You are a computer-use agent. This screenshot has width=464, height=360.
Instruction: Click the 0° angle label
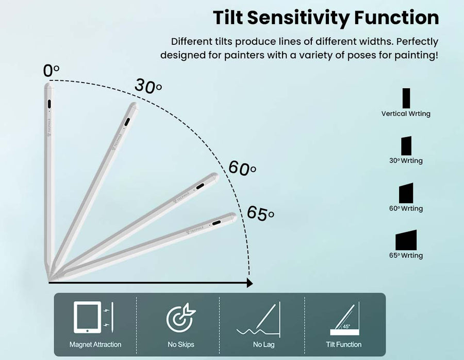point(51,71)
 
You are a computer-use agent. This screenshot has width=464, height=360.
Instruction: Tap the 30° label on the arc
point(148,86)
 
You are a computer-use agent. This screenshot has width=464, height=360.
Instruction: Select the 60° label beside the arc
point(242,168)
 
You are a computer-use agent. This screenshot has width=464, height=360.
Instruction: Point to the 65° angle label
point(260,213)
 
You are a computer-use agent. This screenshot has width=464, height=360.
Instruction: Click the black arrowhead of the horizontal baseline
point(250,283)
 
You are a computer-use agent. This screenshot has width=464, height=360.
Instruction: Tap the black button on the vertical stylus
point(49,104)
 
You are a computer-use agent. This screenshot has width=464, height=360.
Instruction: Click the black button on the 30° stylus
point(127,122)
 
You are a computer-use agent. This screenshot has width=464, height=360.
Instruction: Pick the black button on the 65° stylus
point(217,223)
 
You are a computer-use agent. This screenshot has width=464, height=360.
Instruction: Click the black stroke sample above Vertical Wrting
point(406,99)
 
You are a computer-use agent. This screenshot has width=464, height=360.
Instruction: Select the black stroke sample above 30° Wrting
point(406,145)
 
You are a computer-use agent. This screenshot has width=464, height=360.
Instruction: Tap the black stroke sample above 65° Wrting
point(406,240)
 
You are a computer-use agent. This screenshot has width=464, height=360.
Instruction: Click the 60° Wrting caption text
point(406,208)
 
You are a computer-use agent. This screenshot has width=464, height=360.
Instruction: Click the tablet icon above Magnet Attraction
point(87,317)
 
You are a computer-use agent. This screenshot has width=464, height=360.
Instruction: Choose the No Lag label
point(263,345)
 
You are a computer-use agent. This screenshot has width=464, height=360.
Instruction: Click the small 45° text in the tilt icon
point(346,327)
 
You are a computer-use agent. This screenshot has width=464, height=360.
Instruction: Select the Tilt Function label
point(343,345)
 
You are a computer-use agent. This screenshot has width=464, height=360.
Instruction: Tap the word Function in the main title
point(396,18)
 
